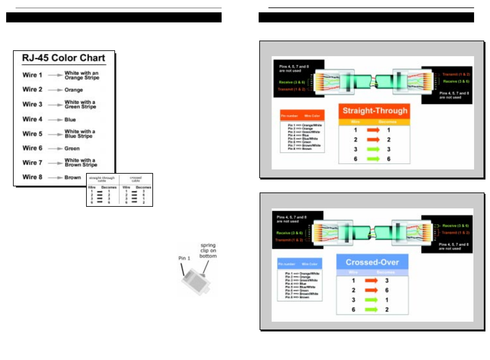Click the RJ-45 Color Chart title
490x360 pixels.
[63, 58]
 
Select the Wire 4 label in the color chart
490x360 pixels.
[32, 119]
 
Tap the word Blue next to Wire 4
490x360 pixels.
[70, 120]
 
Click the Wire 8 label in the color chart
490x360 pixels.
[32, 177]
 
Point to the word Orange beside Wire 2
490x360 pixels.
[73, 90]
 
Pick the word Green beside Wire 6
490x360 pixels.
[72, 149]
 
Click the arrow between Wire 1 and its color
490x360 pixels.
[55, 75]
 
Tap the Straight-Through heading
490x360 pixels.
[375, 111]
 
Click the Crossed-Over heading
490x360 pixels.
[372, 262]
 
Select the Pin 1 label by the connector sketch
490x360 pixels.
[184, 258]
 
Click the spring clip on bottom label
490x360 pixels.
[208, 251]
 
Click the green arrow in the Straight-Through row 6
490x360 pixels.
[373, 159]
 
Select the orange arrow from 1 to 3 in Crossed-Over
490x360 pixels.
[371, 281]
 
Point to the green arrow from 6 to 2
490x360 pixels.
[371, 310]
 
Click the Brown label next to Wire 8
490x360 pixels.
[72, 178]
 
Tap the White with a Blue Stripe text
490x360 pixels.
[80, 134]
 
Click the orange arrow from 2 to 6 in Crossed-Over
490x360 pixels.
[371, 290]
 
